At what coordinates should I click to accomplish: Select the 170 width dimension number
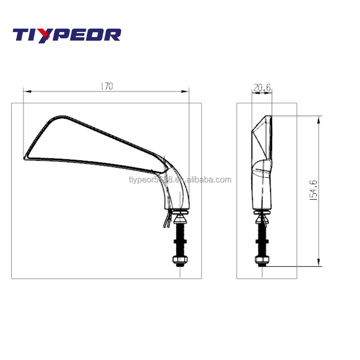[x=107, y=86]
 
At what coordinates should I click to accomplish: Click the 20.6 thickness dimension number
[x=262, y=88]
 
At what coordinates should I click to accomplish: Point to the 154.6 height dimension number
[x=313, y=190]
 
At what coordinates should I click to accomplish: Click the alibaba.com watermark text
[x=180, y=180]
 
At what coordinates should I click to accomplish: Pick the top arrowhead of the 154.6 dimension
[x=319, y=119]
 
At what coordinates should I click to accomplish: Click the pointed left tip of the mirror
[x=25, y=158]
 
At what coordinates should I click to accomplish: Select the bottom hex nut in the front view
[x=180, y=260]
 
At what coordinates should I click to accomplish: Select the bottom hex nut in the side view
[x=262, y=260]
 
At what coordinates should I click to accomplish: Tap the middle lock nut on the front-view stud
[x=180, y=241]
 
